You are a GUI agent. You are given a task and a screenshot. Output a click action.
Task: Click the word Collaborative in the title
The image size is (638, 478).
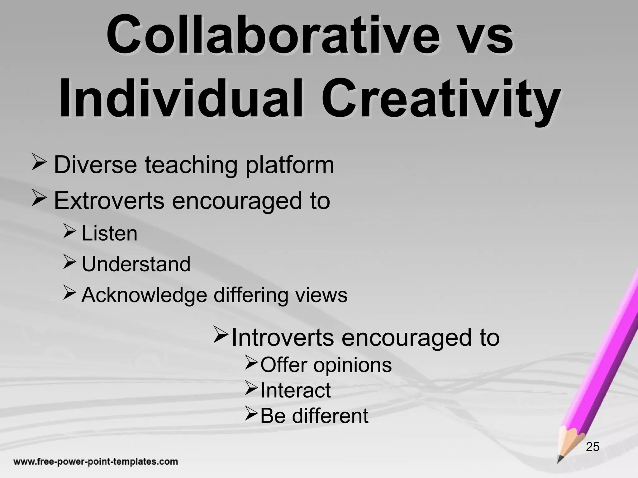273,37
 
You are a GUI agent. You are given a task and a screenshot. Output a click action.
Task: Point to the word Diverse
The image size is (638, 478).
95,165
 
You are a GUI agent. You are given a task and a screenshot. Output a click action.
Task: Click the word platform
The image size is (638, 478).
290,165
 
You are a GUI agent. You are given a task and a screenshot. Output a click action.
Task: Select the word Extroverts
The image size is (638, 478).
109,201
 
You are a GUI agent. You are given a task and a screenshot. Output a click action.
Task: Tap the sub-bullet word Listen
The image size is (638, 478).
109,233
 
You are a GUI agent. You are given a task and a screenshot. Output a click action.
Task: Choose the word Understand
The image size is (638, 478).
136,264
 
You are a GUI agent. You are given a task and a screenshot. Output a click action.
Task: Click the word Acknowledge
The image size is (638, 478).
144,295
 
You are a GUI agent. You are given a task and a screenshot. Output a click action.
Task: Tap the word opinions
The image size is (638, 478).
352,365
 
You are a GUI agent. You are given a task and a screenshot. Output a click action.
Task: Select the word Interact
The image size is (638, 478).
295,390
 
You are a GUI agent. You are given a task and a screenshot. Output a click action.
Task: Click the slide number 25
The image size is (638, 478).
593,447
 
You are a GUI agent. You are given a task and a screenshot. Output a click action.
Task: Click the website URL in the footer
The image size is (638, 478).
95,462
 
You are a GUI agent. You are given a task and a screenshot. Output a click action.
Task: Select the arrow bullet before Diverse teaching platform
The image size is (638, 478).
39,164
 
